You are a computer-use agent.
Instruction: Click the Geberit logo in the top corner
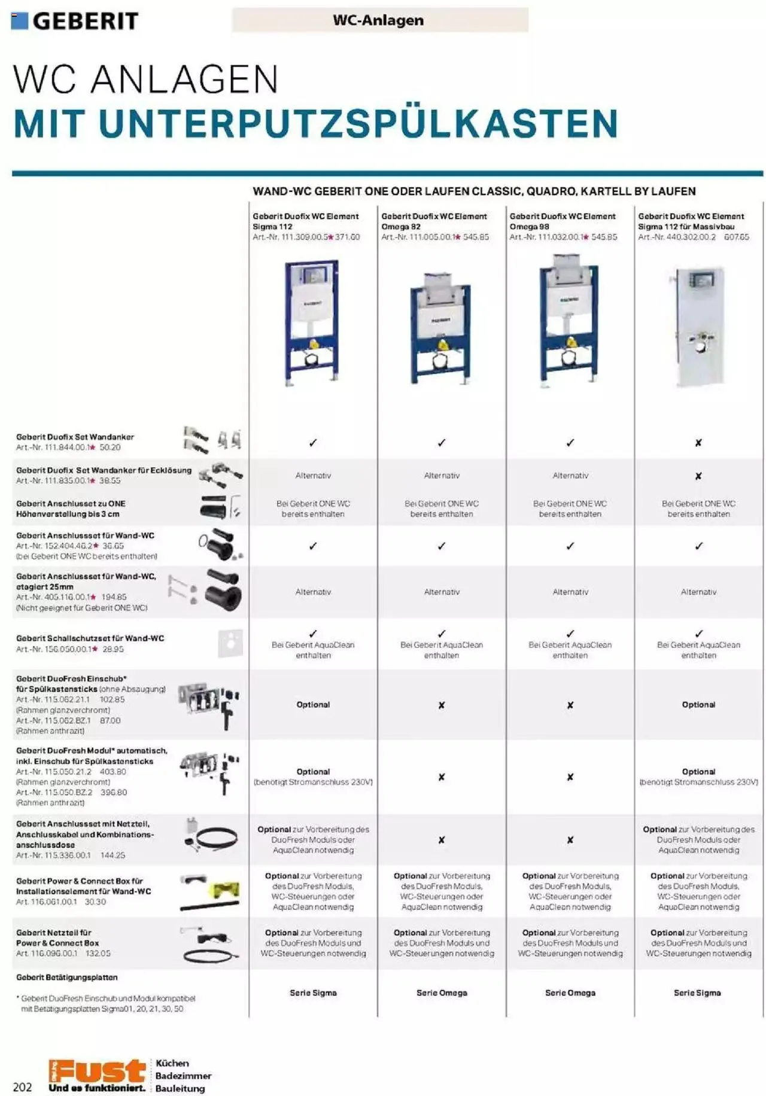75,21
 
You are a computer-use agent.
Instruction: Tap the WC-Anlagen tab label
378,20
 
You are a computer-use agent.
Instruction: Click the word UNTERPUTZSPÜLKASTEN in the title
358,124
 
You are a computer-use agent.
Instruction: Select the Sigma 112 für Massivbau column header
691,221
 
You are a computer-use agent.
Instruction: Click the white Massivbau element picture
698,326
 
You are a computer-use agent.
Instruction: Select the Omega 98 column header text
562,221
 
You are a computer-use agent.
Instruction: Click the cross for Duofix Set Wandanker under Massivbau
698,443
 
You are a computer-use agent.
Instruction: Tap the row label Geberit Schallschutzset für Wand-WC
90,638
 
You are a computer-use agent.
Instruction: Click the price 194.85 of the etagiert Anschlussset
114,597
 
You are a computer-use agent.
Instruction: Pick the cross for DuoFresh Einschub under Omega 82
442,705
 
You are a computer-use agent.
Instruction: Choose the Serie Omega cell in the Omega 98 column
570,993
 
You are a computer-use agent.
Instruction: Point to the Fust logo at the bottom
98,1075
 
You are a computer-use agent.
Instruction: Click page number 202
22,1087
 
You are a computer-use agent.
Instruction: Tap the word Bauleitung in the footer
180,1088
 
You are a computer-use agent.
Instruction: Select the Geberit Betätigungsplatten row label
67,978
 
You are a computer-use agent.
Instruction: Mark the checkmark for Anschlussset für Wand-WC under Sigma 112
313,546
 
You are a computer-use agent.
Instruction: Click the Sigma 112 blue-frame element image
312,322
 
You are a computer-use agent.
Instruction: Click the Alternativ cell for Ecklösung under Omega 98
570,476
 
